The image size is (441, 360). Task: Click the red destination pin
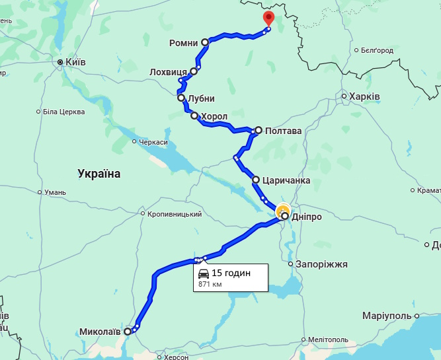pos(268,18)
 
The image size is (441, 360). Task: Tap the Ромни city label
pos(184,43)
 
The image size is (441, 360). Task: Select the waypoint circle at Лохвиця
pos(194,71)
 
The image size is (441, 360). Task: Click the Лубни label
pos(202,98)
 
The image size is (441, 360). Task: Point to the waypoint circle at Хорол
pos(194,116)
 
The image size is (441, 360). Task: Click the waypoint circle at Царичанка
pos(256,179)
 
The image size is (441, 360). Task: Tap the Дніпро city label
pos(306,217)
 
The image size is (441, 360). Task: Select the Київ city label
pos(74,63)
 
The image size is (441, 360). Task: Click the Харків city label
pos(365,96)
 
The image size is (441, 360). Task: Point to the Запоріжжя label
pos(321,264)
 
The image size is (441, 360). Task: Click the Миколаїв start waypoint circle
pos(128,332)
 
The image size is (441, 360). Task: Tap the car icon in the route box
pos(204,273)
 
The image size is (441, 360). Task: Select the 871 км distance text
pos(210,285)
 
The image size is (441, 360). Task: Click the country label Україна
pos(99,174)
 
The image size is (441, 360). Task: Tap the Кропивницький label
pos(175,214)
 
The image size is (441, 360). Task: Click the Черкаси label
pos(153,142)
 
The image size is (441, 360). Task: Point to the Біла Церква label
pos(63,112)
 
